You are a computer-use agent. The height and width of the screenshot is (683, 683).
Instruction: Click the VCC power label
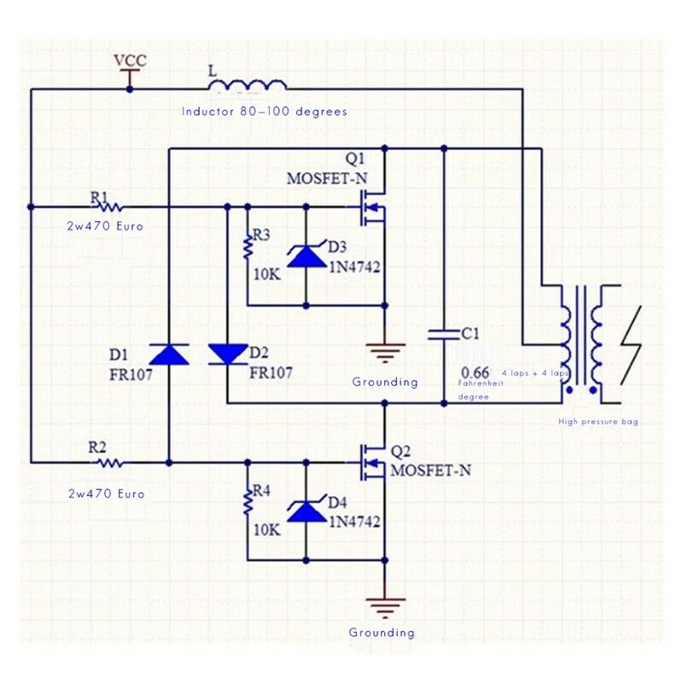131,61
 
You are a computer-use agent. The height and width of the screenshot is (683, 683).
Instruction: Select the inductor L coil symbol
248,85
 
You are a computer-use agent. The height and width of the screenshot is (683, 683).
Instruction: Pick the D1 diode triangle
169,353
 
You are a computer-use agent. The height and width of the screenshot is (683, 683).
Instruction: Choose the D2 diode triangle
228,353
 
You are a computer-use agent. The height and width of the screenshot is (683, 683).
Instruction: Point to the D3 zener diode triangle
306,256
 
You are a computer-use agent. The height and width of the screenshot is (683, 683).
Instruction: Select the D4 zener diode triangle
306,511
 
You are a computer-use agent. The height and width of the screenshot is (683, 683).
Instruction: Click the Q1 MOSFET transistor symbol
372,207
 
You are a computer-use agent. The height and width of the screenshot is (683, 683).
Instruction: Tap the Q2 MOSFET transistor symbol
372,463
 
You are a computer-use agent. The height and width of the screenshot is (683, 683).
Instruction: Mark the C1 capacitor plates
444,334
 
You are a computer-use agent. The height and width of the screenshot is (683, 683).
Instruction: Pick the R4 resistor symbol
248,503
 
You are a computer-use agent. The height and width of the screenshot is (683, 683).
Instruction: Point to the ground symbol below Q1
385,353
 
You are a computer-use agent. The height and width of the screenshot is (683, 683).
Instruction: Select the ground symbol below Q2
385,608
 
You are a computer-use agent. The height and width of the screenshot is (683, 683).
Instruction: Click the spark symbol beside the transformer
631,346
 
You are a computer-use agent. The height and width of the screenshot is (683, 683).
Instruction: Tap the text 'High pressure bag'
598,422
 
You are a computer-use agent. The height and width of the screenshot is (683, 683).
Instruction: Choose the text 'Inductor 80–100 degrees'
265,112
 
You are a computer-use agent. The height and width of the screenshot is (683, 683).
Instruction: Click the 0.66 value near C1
475,372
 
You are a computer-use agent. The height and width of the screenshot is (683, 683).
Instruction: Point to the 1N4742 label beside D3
354,266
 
